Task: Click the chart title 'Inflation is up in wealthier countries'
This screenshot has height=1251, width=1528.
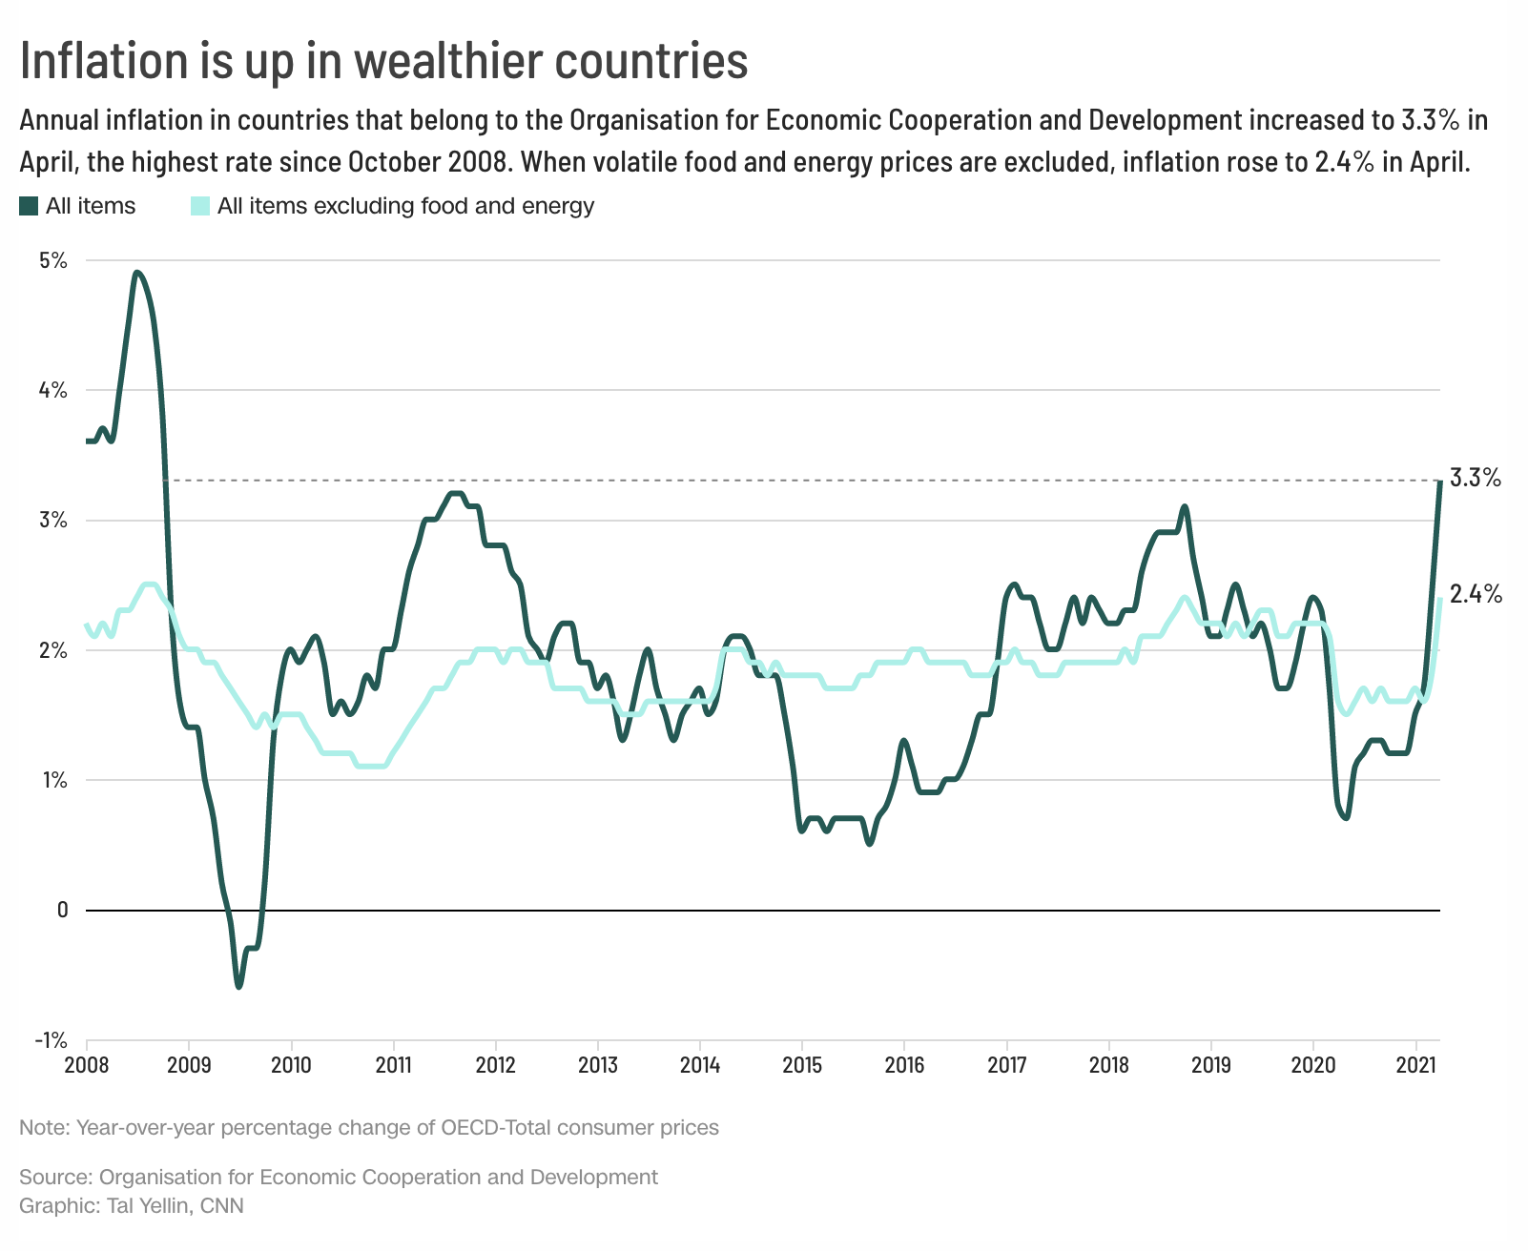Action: tap(383, 60)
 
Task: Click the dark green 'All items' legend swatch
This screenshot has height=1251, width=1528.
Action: tap(30, 206)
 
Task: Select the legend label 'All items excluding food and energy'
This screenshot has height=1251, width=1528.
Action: tap(405, 206)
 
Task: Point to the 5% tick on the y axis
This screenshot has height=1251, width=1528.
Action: tap(52, 260)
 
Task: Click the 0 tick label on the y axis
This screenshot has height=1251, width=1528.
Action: tap(63, 910)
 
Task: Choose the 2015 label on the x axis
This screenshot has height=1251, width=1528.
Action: tap(802, 1064)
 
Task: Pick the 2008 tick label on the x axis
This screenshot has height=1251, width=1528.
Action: tap(86, 1064)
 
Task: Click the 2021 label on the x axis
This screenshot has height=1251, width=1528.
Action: tap(1415, 1064)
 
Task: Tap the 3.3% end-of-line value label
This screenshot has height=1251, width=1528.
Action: tap(1475, 478)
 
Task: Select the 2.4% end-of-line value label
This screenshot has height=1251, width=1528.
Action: tap(1476, 595)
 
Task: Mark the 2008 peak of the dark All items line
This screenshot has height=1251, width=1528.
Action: tap(138, 273)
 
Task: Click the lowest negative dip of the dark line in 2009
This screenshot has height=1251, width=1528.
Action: tap(238, 986)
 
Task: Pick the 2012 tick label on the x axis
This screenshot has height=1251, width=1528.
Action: tap(495, 1064)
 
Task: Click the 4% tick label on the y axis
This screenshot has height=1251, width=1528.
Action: tap(52, 390)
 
